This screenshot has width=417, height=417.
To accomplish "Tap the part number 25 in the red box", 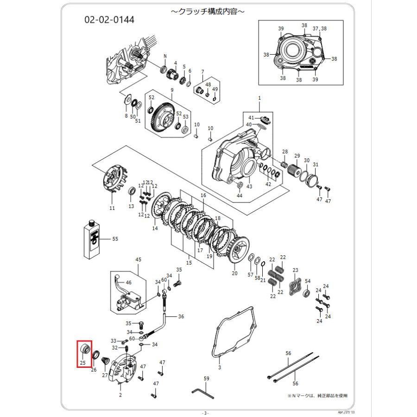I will tap(82, 363).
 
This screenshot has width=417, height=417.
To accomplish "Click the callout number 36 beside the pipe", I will tap(181, 316).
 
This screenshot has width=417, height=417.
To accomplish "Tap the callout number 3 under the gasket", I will tap(220, 367).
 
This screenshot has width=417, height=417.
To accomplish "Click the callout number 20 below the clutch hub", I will tap(234, 273).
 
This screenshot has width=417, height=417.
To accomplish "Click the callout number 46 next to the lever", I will tap(128, 282).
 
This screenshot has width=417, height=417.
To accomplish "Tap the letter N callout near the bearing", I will tap(164, 56).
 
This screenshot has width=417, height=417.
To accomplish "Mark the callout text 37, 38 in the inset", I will tap(319, 29).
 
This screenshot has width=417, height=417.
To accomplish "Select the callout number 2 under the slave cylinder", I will tap(120, 395).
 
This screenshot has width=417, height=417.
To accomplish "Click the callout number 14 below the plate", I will tap(155, 228).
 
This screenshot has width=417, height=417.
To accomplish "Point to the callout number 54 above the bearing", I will tap(308, 281).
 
